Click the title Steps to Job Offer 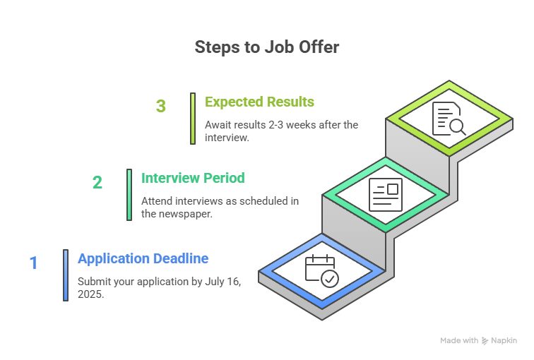(267, 47)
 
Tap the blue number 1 (33, 263)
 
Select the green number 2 (97, 182)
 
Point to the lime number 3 (161, 106)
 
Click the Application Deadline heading (143, 258)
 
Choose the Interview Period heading (193, 178)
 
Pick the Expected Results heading (259, 102)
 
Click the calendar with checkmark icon (322, 271)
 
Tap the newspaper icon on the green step (386, 195)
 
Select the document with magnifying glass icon (449, 119)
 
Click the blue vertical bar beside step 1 (66, 275)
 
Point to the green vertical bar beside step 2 (129, 195)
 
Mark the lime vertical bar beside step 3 (193, 119)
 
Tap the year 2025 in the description (89, 294)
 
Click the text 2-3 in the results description (276, 125)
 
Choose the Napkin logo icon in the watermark (485, 341)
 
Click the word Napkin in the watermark (504, 341)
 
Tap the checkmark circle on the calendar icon (330, 279)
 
